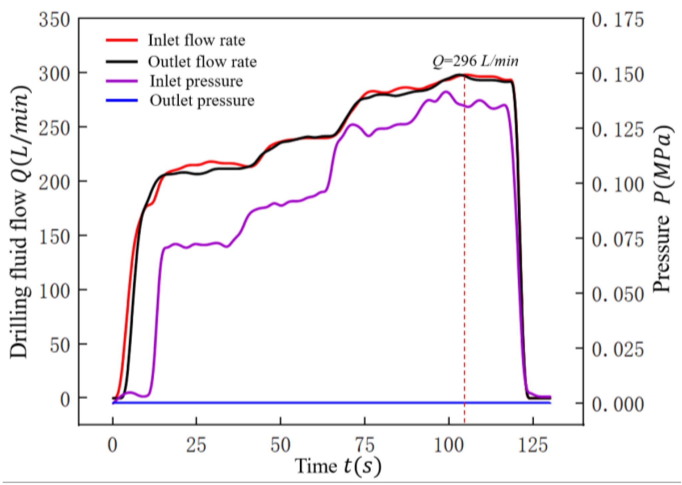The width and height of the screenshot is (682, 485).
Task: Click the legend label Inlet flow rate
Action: point(196,40)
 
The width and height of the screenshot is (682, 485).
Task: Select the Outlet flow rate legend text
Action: point(202,62)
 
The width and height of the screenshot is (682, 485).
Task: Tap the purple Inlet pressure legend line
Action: point(122,81)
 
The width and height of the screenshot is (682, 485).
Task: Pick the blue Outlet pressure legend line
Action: point(122,100)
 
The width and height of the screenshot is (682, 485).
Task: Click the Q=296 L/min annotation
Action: point(475,61)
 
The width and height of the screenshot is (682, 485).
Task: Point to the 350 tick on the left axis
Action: point(55,20)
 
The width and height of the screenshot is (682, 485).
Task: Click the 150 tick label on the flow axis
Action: point(55,237)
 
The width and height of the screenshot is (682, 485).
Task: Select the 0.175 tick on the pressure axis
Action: point(617,20)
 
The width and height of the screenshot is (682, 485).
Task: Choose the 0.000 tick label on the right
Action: point(617,404)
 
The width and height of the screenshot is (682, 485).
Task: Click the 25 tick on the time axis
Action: point(196,445)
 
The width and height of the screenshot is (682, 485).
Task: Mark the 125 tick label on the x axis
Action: point(533,445)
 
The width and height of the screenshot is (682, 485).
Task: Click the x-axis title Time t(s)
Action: point(338,466)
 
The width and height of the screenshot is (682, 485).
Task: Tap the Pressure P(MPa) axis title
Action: point(662,208)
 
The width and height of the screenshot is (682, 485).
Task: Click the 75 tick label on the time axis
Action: point(365,445)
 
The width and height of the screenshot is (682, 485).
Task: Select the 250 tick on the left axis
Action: point(55,128)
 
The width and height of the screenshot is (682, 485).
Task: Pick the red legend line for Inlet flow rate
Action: point(122,40)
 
